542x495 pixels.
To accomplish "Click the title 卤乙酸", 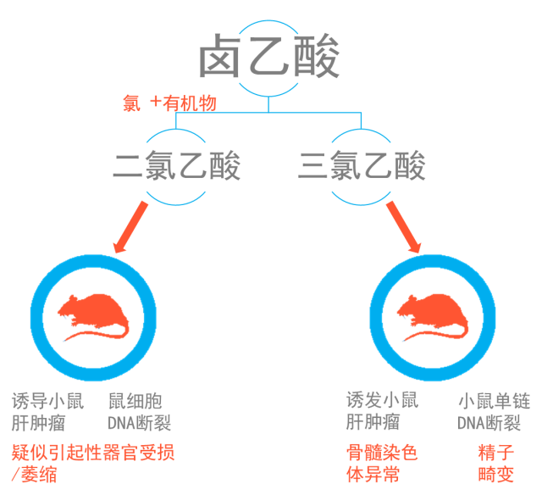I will (269, 58).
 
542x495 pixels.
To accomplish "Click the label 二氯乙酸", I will (177, 166).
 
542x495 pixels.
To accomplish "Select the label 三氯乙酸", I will (362, 166).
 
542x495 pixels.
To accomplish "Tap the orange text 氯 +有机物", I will (169, 103).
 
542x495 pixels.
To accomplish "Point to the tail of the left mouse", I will (93, 338).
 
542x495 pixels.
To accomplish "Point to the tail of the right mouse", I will (433, 336).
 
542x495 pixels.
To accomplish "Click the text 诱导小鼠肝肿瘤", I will (50, 411).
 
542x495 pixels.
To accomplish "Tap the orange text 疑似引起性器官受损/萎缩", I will (92, 464).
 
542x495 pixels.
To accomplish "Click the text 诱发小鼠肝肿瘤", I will (382, 411).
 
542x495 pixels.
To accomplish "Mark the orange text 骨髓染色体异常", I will (382, 464).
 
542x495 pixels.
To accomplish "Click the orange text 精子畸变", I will (495, 464).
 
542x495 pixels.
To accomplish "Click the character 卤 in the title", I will (222, 58).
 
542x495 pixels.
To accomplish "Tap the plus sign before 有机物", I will (155, 103).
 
